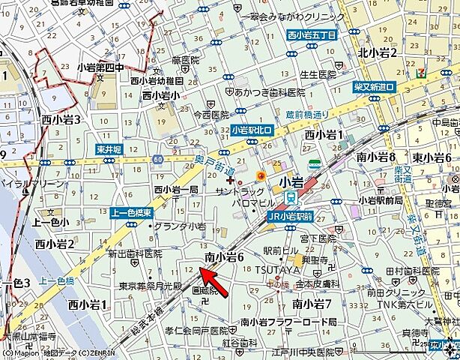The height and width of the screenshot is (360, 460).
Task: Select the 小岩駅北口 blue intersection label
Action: [252, 130]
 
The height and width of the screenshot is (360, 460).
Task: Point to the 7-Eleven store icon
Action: [423, 73]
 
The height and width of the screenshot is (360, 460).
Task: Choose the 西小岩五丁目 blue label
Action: [312, 34]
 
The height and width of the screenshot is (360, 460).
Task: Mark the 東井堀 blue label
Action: [109, 150]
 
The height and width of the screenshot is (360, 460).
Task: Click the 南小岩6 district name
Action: [225, 257]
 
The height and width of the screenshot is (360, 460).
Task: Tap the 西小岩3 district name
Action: [61, 119]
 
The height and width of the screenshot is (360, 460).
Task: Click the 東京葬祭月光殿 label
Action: [151, 286]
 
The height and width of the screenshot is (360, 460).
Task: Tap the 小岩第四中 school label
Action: [100, 67]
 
